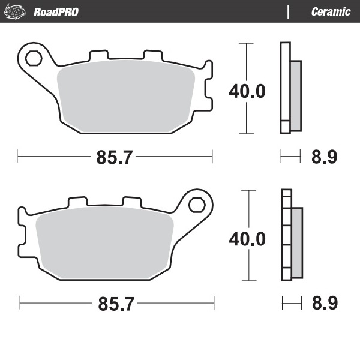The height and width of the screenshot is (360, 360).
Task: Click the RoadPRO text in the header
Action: (x=56, y=11)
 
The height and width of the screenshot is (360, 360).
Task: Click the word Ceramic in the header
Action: (x=331, y=11)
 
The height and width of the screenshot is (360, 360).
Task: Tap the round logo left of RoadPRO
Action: (x=18, y=11)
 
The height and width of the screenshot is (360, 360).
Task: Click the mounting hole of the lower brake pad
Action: (x=196, y=205)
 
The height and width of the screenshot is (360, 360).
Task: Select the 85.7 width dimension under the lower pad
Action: (x=115, y=304)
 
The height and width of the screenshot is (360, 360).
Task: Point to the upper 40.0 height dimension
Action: (x=247, y=91)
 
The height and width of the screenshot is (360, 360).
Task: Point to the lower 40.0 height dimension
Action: (x=247, y=239)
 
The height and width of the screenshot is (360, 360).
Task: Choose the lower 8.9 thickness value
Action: (x=324, y=304)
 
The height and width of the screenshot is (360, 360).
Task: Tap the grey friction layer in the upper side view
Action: (x=295, y=96)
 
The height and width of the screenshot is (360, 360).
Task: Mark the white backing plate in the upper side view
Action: (x=285, y=87)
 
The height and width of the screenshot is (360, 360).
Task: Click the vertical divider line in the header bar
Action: (x=289, y=11)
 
